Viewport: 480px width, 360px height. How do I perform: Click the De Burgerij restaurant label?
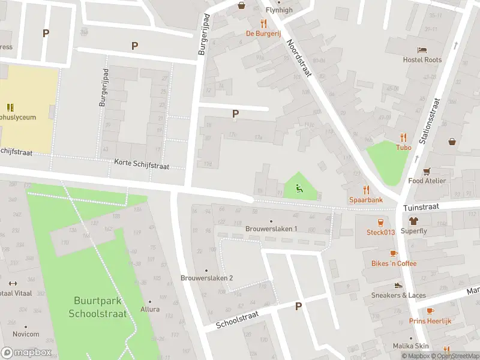[x=263, y=34]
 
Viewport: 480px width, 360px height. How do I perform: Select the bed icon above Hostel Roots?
[x=422, y=50]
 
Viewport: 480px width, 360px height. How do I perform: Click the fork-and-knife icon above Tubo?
[x=403, y=137]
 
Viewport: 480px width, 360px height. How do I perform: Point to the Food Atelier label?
[x=427, y=181]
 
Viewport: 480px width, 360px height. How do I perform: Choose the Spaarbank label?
[x=366, y=200]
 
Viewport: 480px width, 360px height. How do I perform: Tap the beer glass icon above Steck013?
[x=380, y=222]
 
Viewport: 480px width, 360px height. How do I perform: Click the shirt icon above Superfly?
[x=413, y=221]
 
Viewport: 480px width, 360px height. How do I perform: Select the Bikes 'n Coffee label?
[x=394, y=263]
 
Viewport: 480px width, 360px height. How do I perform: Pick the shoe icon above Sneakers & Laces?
[x=397, y=285]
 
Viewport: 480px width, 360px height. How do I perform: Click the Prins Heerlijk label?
[x=430, y=321]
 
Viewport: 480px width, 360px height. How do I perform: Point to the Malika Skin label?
[x=411, y=346]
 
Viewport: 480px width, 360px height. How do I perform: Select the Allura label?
[x=150, y=309]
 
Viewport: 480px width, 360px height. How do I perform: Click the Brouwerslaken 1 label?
[x=271, y=229]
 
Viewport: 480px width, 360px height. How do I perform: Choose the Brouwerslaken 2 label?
[x=206, y=278]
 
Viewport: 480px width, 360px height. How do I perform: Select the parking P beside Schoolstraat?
[x=298, y=307]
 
